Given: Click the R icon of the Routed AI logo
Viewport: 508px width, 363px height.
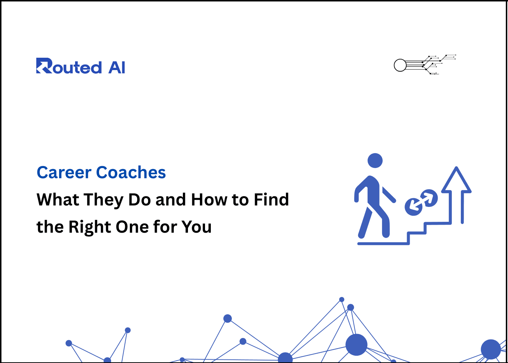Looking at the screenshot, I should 44,66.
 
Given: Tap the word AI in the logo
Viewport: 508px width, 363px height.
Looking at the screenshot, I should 116,67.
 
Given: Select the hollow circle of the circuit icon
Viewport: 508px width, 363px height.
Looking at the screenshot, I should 400,65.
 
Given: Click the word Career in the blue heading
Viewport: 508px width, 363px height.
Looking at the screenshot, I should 64,173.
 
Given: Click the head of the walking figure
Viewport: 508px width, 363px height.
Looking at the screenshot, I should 375,161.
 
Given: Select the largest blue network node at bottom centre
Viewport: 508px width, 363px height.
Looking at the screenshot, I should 356,344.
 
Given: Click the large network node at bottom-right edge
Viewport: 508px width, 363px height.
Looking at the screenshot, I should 491,349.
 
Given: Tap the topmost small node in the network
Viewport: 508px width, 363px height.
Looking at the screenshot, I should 341,299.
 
